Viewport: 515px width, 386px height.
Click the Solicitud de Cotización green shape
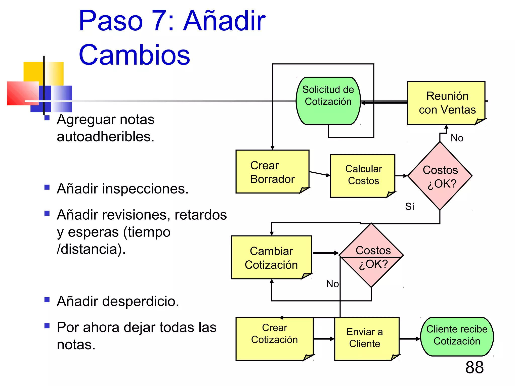(x=328, y=101)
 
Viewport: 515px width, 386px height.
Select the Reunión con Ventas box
(x=446, y=103)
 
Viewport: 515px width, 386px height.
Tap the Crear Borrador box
(x=272, y=172)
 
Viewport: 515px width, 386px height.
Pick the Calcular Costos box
(x=363, y=175)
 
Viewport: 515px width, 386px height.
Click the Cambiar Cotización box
(x=271, y=257)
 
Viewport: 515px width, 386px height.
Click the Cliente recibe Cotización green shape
(x=457, y=336)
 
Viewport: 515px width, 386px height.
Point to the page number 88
(x=474, y=367)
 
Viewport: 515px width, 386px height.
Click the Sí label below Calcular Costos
(x=410, y=207)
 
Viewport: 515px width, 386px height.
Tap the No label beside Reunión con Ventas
(x=457, y=138)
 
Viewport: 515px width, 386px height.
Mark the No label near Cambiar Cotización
(x=332, y=284)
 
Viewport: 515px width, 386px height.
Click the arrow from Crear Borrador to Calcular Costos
(x=320, y=174)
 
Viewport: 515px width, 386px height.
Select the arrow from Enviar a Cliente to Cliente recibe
(x=410, y=339)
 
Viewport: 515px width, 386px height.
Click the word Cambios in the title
(x=134, y=55)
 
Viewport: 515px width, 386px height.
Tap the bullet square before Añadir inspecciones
(x=47, y=187)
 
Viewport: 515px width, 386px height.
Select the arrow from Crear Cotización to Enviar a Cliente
(x=324, y=339)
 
